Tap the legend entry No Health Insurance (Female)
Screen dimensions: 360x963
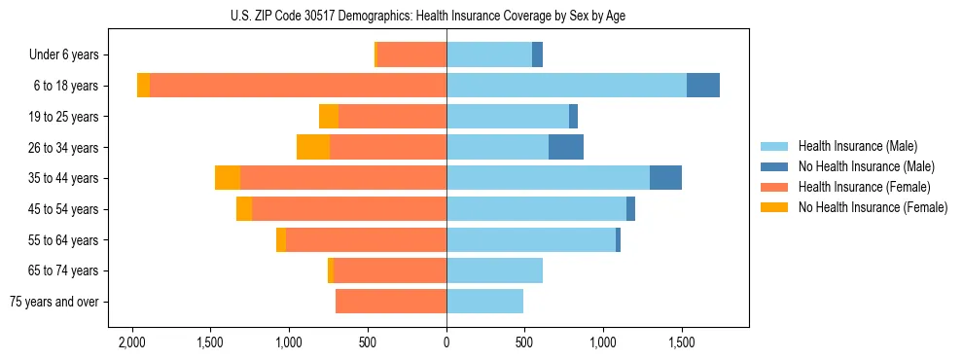(873, 207)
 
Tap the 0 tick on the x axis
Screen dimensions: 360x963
(446, 343)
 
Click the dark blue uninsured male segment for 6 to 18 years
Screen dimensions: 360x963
(703, 86)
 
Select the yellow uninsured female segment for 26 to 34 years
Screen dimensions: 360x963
(313, 147)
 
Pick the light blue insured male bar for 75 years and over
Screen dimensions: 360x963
(484, 302)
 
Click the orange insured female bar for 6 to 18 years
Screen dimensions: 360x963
(298, 86)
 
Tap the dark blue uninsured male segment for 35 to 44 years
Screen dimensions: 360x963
(665, 178)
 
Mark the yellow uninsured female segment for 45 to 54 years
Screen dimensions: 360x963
(244, 209)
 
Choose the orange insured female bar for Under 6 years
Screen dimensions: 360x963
(411, 55)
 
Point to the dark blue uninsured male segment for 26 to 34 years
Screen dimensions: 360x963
(566, 147)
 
